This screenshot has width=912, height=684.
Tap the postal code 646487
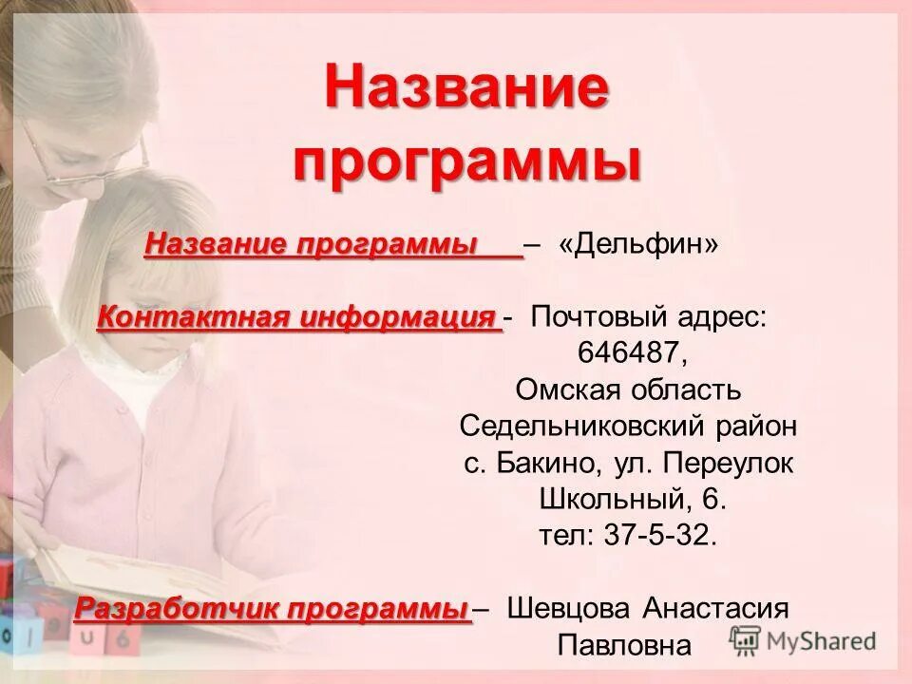point(628,351)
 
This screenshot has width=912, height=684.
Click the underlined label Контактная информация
point(297,316)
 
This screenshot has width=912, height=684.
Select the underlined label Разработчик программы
point(273,608)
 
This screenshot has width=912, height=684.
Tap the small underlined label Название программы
point(311,244)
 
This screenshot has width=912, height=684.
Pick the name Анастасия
point(715,608)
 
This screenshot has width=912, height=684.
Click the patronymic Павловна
point(623,646)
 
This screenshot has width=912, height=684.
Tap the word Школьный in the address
point(606,499)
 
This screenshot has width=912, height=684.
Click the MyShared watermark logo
point(803,639)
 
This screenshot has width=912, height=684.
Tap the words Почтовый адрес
point(649,316)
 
